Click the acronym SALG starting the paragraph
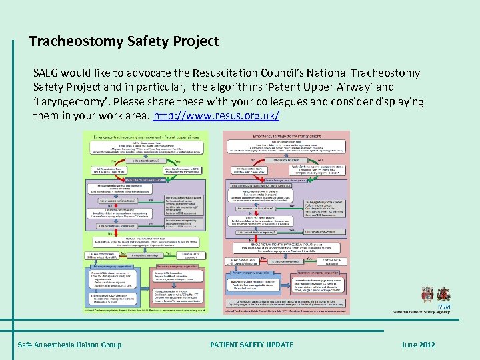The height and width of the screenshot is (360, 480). click(47, 72)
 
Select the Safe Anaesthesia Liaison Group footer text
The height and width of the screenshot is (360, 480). click(70, 344)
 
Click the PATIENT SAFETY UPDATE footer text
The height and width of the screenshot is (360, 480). click(251, 344)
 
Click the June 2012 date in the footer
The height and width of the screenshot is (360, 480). click(418, 344)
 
